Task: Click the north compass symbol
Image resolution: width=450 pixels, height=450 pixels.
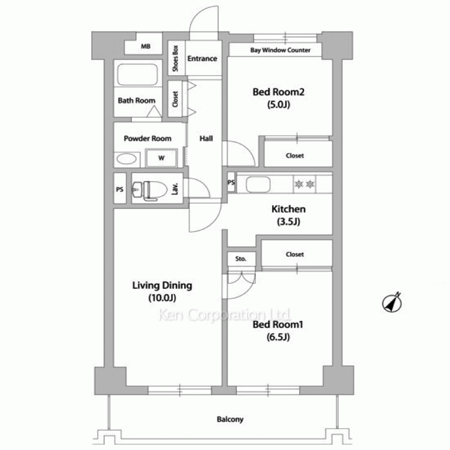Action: (x=392, y=302)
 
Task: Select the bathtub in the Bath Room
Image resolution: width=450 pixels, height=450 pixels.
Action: (x=137, y=75)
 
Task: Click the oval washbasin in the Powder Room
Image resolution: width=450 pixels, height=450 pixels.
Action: (x=126, y=159)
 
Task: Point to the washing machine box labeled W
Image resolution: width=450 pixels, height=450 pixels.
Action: (x=161, y=158)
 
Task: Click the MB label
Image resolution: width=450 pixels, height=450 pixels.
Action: (x=145, y=46)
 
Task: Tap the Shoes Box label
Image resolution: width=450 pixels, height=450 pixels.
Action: (x=175, y=58)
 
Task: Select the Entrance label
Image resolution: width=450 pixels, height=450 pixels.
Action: (x=202, y=58)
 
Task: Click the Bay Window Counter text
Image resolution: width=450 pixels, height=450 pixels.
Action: (x=280, y=50)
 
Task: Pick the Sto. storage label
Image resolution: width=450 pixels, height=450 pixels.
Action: (x=241, y=259)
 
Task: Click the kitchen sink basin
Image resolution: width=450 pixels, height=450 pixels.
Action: (x=258, y=184)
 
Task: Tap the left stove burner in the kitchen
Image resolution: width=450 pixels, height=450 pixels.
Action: (x=299, y=184)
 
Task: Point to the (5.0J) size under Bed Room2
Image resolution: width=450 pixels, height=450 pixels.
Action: (x=279, y=104)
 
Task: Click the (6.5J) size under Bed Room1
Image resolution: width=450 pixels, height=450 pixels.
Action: (x=278, y=337)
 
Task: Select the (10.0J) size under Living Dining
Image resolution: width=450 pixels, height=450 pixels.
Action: (x=162, y=298)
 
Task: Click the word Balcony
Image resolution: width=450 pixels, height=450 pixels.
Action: (x=230, y=419)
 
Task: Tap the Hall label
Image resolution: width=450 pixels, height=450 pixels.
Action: (x=206, y=139)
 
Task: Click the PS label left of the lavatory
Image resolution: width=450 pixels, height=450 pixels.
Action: (x=120, y=189)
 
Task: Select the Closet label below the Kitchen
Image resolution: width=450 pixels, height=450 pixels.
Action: (x=295, y=254)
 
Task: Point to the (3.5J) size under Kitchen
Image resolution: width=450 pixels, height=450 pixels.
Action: (x=288, y=221)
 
